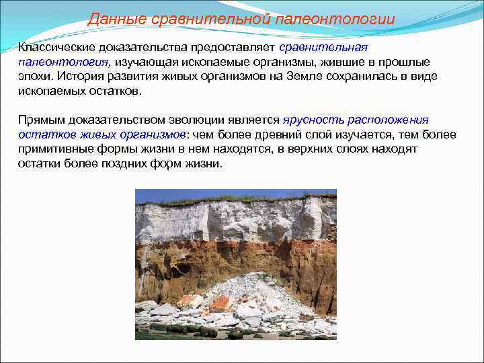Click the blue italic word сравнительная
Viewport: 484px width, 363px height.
[323, 48]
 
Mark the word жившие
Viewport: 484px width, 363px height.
[335, 62]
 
